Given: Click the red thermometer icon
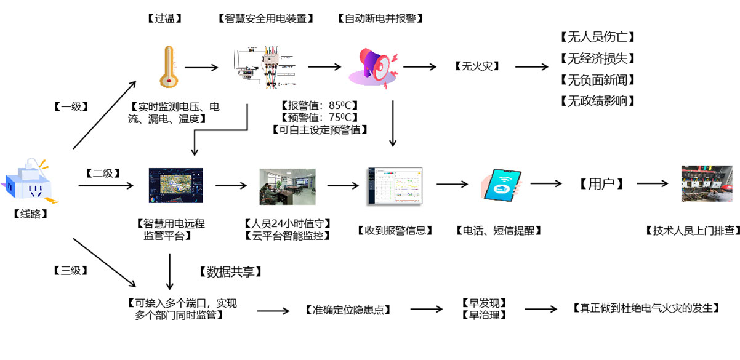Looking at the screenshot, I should pos(167,66).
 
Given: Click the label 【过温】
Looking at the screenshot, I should pos(165,18).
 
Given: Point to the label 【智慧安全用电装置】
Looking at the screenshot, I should pos(266,18).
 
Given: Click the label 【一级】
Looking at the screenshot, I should pos(71,106).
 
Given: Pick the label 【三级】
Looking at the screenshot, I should pos(71,270).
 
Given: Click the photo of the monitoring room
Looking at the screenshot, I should pos(288,186).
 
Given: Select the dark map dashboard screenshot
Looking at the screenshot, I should pos(176,186).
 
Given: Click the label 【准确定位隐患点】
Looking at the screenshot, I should pos(348,310).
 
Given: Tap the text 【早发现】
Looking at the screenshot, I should pos(483,303).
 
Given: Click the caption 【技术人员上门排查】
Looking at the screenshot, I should pos(692,231).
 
